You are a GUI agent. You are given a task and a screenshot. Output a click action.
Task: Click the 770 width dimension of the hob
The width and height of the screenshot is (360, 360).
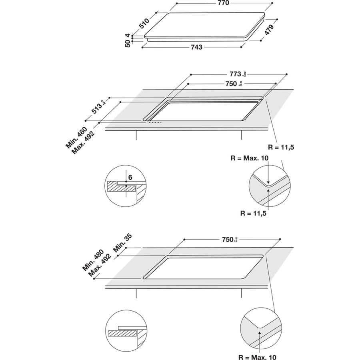[x=223, y=3]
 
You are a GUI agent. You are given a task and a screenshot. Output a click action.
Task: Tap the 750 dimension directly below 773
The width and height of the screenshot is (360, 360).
[x=232, y=84]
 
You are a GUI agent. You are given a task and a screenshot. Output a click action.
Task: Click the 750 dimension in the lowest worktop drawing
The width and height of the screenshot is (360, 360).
[x=230, y=240]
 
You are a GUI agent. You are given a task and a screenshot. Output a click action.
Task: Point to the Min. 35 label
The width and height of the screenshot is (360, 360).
[x=122, y=243]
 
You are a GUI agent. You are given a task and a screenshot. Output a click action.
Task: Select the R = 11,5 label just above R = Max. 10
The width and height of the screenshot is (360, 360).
[x=281, y=148]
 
